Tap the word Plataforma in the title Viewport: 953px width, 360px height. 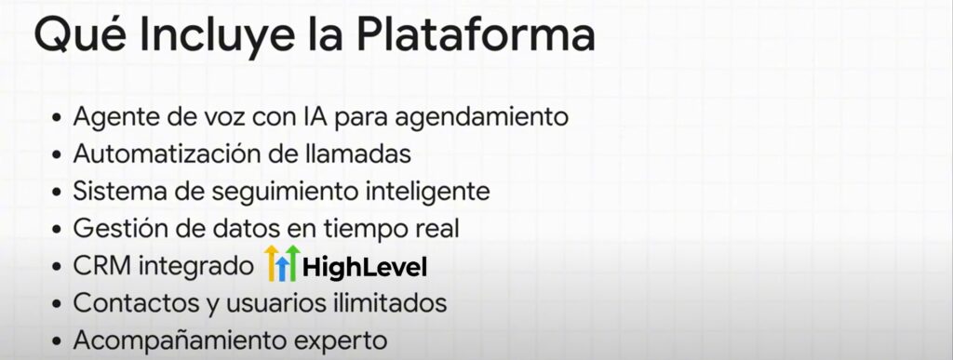pos(476,36)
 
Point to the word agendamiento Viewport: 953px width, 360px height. pos(481,118)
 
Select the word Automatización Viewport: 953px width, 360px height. pos(167,153)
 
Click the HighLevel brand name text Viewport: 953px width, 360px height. pos(365,267)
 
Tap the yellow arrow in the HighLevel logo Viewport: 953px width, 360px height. pos(272,263)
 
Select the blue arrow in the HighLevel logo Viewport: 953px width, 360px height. pos(282,268)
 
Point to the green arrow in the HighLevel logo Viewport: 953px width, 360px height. pos(293,263)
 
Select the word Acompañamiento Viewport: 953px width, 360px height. pos(166,340)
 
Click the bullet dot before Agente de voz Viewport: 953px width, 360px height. pos(57,117)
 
